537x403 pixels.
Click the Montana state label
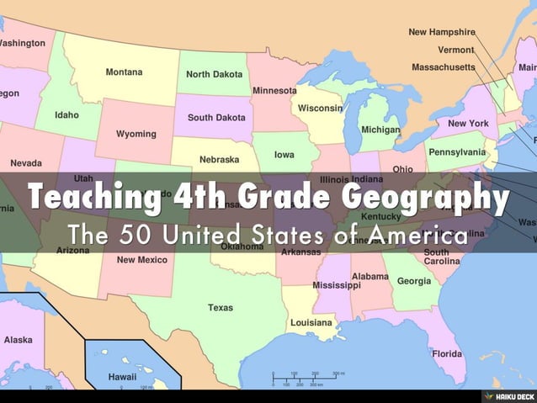pos(123,72)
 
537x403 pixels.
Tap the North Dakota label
pos(214,75)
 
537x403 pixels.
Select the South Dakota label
pos(216,118)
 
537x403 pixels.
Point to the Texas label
pos(221,308)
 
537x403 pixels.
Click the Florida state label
pos(447,353)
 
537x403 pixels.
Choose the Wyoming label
pos(136,134)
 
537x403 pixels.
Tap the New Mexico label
pos(141,260)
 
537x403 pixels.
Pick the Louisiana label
pos(311,322)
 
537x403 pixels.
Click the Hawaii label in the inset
pos(122,377)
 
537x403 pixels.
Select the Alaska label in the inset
pos(19,340)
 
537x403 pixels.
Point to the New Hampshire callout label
pos(442,32)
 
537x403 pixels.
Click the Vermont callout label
pos(455,50)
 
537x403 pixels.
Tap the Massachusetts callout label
pos(449,66)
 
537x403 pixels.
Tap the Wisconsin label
pos(320,109)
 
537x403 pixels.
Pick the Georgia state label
pos(413,281)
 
